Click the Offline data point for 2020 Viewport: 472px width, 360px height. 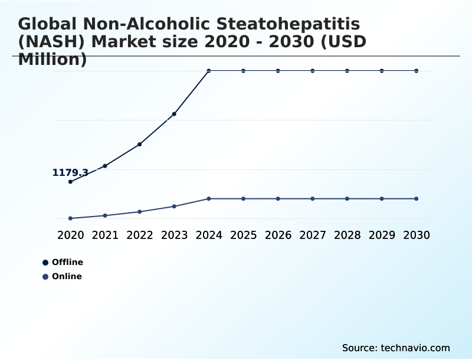pyautogui.click(x=70, y=182)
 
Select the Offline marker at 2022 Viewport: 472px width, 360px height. pyautogui.click(x=140, y=144)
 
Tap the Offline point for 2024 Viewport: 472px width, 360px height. pyautogui.click(x=209, y=71)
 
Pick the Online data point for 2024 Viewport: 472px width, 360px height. pyautogui.click(x=209, y=199)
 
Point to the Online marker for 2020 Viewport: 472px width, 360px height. pyautogui.click(x=70, y=218)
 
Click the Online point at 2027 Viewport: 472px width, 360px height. pyautogui.click(x=313, y=199)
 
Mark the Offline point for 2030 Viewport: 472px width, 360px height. pyautogui.click(x=417, y=71)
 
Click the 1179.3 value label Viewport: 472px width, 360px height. pyautogui.click(x=70, y=173)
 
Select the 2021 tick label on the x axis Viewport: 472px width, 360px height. pyautogui.click(x=105, y=235)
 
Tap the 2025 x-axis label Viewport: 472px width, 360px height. pyautogui.click(x=243, y=235)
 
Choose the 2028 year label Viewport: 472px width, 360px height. pyautogui.click(x=347, y=235)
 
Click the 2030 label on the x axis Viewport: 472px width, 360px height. pyautogui.click(x=417, y=235)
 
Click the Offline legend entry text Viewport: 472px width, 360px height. pyautogui.click(x=67, y=262)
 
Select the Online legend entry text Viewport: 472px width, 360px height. pyautogui.click(x=67, y=276)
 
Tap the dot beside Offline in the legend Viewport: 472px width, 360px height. pyautogui.click(x=45, y=263)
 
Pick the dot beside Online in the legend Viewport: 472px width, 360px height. pyautogui.click(x=45, y=277)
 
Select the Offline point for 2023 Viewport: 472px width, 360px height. pyautogui.click(x=174, y=114)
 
